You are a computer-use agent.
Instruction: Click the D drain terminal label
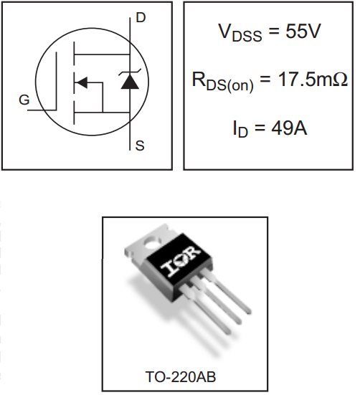[141, 18]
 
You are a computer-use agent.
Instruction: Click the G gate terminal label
[24, 100]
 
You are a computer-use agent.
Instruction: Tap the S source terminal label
[140, 146]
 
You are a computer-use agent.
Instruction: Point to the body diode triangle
[130, 82]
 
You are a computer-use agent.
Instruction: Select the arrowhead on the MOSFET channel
[81, 82]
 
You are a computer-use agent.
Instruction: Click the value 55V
[303, 32]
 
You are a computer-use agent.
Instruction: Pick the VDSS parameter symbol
[240, 33]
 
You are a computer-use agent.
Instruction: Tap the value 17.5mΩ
[313, 80]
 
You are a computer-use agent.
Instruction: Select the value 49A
[289, 128]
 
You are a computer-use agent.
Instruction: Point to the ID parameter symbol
[240, 130]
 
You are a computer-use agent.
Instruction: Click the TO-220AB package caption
[181, 377]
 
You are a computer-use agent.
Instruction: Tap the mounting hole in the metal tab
[152, 243]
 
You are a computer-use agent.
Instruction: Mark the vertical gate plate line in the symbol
[56, 81]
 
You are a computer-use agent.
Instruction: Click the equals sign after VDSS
[274, 32]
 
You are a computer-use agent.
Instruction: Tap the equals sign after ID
[260, 128]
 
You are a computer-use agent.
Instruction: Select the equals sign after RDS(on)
[265, 80]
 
